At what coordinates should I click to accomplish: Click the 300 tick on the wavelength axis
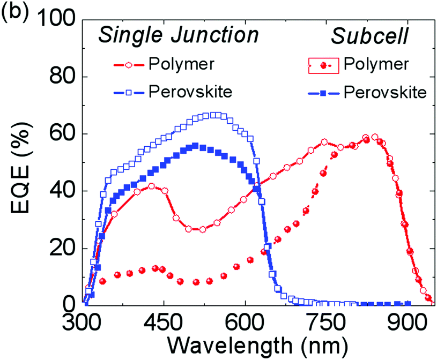click(x=83, y=324)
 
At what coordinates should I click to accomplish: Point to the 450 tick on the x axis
click(x=164, y=324)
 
